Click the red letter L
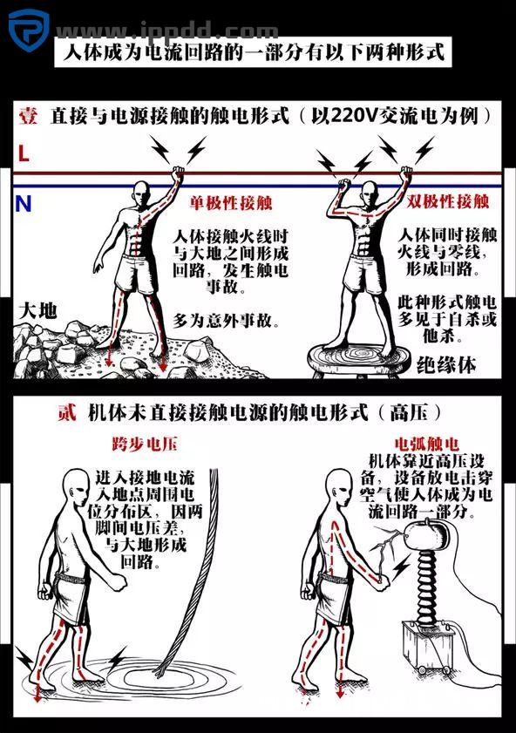24,153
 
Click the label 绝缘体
445,363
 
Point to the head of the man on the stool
371,193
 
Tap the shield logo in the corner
28,29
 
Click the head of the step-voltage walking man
78,487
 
